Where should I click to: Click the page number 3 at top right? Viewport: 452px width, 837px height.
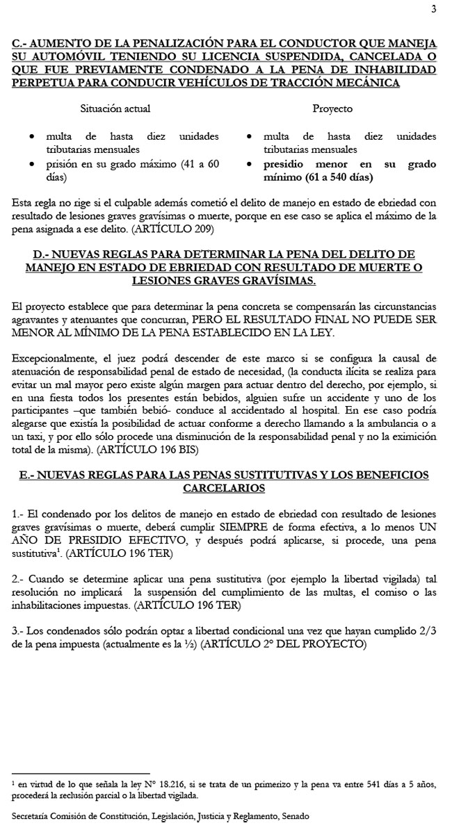pyautogui.click(x=433, y=9)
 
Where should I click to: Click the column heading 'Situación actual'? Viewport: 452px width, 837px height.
pyautogui.click(x=115, y=108)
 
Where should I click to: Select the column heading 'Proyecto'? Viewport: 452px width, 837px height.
pyautogui.click(x=332, y=108)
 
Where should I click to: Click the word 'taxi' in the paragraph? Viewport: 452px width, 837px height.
pyautogui.click(x=33, y=437)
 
